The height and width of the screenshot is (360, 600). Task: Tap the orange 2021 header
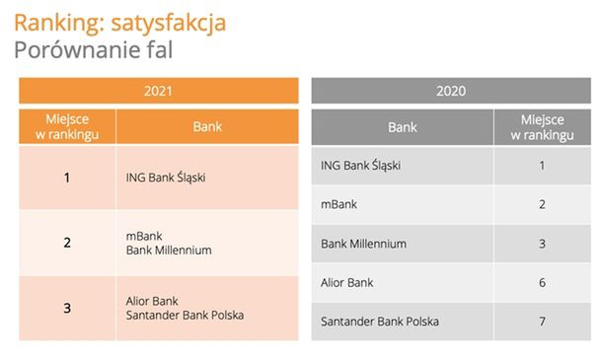click(158, 91)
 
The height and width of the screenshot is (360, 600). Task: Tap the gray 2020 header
click(451, 91)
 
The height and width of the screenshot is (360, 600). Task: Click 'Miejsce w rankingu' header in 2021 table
click(67, 126)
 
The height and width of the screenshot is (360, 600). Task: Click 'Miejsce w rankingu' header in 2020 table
click(542, 126)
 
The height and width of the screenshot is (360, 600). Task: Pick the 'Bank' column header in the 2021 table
click(206, 126)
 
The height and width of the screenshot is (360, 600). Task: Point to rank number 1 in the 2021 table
click(67, 178)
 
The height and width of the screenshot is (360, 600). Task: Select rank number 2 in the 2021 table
click(67, 243)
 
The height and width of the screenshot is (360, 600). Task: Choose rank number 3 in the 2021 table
click(67, 308)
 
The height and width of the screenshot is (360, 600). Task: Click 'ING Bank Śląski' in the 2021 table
click(166, 179)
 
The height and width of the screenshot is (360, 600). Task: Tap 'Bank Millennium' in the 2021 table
click(169, 251)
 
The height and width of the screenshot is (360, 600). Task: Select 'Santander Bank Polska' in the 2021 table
click(185, 316)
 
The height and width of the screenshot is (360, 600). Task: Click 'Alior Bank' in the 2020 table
click(347, 283)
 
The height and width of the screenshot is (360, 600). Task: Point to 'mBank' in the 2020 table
click(338, 204)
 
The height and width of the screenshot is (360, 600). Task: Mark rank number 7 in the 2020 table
click(542, 322)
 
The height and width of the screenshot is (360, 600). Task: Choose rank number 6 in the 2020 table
click(542, 283)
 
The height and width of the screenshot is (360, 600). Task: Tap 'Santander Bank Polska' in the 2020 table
click(380, 322)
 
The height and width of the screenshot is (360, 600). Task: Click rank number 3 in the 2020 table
click(542, 244)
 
